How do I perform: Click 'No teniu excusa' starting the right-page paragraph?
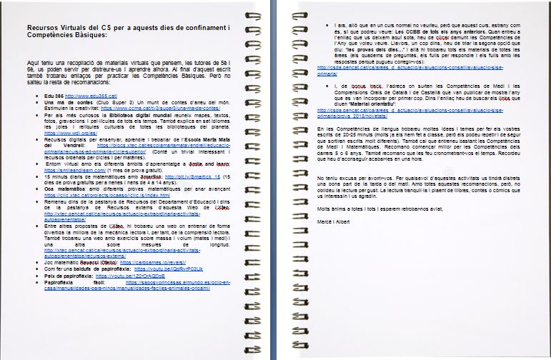pyautogui.click(x=336, y=196)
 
